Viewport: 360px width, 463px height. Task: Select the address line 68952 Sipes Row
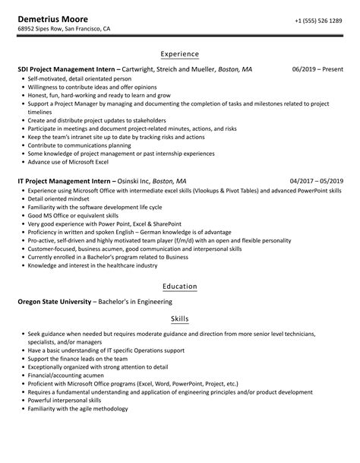click(65, 30)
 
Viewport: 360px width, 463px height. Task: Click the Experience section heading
click(180, 54)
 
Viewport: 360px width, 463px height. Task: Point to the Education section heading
click(180, 286)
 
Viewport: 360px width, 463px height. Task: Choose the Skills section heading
click(180, 319)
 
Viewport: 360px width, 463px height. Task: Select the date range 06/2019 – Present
click(317, 69)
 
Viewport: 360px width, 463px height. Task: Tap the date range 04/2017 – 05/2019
click(317, 182)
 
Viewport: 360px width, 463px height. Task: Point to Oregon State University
click(53, 301)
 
